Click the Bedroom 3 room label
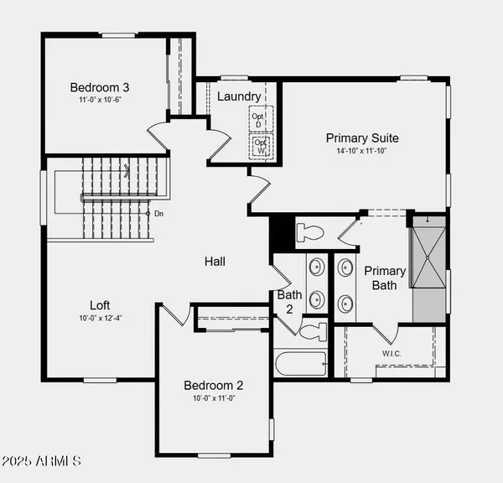[99, 86]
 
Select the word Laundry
[239, 96]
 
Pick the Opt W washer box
[262, 146]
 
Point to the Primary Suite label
[362, 138]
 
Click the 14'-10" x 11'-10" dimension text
[362, 153]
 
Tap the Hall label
[215, 262]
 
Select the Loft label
[101, 305]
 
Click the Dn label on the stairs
[158, 214]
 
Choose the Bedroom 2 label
[214, 385]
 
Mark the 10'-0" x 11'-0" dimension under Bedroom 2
[214, 399]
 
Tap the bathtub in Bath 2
[302, 364]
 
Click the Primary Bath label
[385, 278]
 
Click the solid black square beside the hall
[282, 232]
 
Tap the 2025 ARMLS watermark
[41, 460]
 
